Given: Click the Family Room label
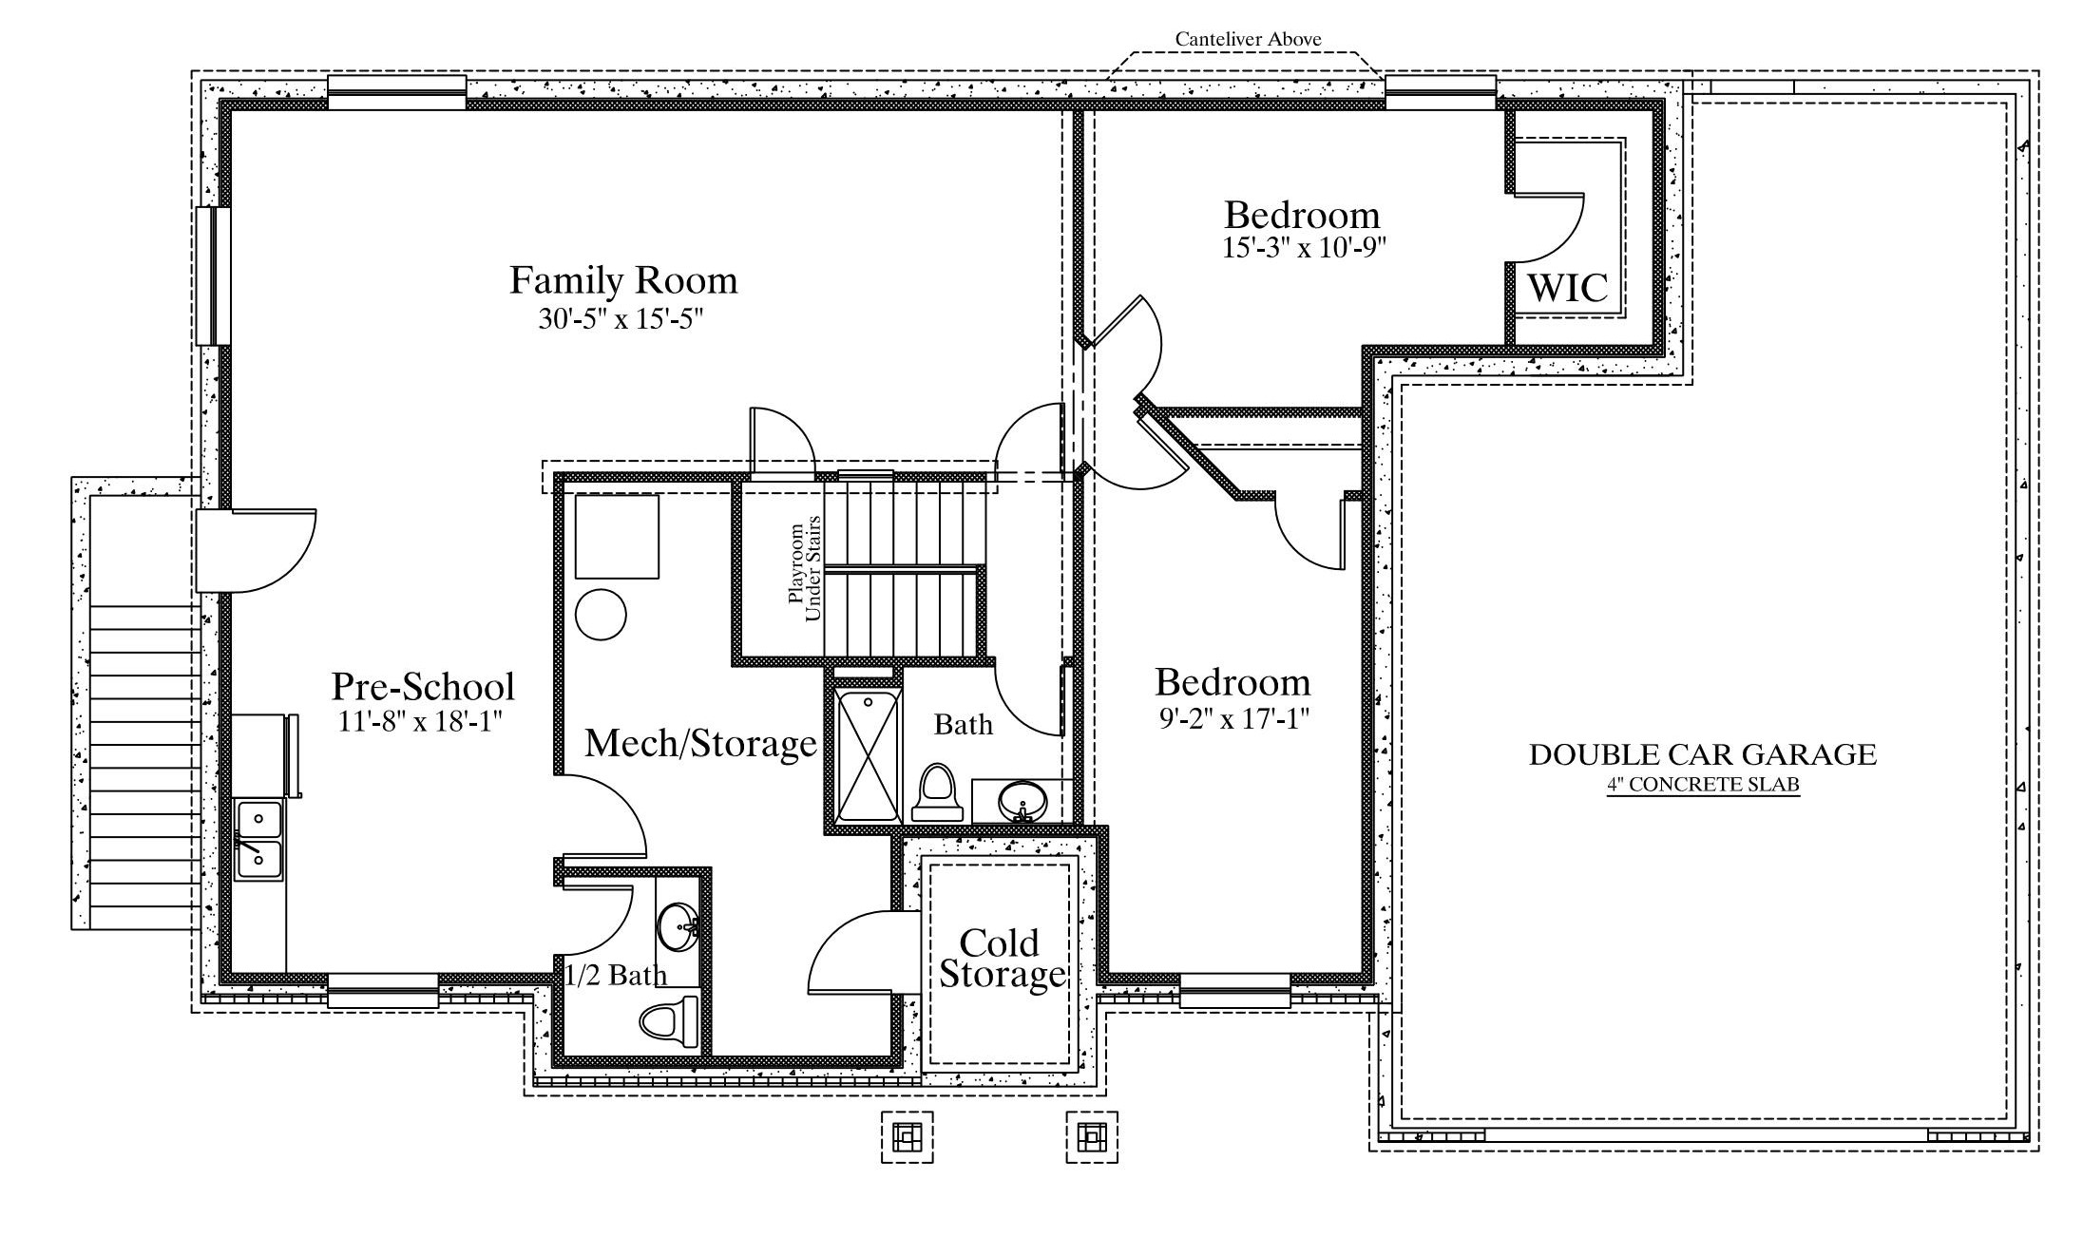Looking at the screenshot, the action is (623, 280).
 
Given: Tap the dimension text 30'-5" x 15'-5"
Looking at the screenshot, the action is (621, 318).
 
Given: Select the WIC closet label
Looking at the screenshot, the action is (1568, 287).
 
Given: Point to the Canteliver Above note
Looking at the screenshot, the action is (1248, 39).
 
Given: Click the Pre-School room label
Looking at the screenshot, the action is (423, 686).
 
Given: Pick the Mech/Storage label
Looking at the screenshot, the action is (700, 743).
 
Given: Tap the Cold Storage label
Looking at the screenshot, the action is (1002, 959).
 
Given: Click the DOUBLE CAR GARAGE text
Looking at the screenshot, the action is (1703, 754).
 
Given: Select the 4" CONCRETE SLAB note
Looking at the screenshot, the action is (1704, 785).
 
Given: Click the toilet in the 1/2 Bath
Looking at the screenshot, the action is (670, 1022).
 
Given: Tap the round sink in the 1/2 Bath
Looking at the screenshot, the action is (678, 926).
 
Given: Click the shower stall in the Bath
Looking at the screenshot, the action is (867, 755).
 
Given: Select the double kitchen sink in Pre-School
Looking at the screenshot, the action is (258, 839).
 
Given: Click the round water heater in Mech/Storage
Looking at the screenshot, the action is (601, 614).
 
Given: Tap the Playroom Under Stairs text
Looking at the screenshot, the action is (804, 568).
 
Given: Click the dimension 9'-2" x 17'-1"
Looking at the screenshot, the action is (1233, 719).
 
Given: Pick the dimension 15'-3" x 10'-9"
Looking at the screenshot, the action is (1304, 248).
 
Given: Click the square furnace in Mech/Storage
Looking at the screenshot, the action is (617, 536).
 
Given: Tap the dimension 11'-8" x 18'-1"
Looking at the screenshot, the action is (420, 721).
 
